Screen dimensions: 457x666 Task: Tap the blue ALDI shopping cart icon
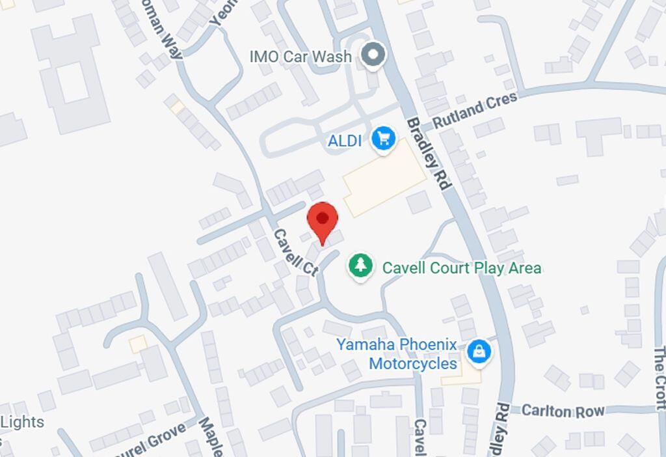[384, 139]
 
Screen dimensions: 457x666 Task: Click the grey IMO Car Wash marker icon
[373, 55]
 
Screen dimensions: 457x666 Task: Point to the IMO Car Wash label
[300, 57]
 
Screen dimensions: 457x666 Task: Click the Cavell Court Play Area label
[461, 268]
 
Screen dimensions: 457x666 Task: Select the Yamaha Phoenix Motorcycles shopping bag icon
[479, 352]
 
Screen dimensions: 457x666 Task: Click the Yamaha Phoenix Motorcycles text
[406, 353]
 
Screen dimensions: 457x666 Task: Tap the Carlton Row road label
[563, 411]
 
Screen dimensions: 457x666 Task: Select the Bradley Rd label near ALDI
[429, 154]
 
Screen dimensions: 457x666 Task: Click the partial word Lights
[22, 422]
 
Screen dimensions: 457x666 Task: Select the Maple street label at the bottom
[212, 437]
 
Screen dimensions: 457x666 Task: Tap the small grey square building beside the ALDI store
[419, 202]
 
